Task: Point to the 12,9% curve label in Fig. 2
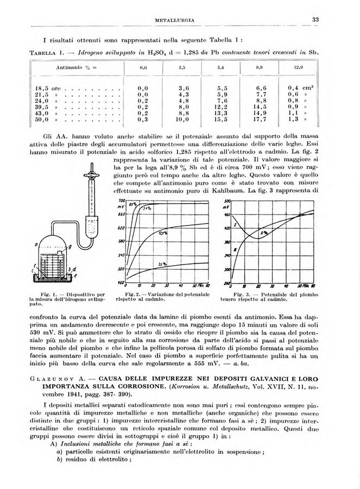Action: (162, 233)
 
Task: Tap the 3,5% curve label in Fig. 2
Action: (161, 264)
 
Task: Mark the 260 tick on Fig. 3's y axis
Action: (227, 283)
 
